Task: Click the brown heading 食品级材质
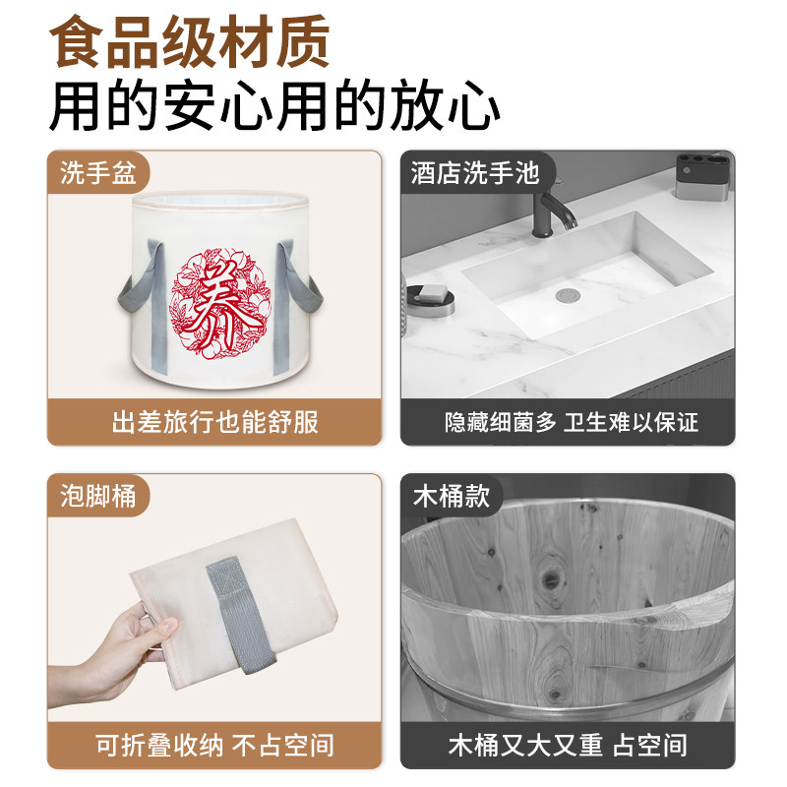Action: point(190,44)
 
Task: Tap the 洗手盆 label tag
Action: point(97,174)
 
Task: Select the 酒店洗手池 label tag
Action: point(475,174)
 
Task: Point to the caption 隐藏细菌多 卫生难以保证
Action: point(571,423)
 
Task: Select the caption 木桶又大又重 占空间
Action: point(568,745)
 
